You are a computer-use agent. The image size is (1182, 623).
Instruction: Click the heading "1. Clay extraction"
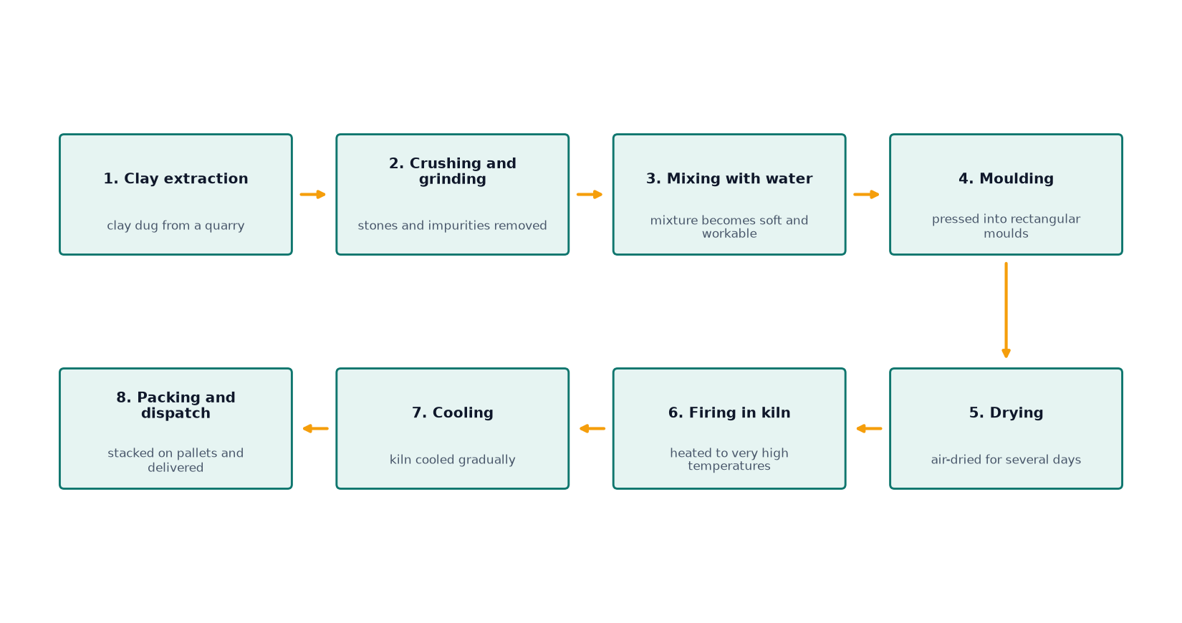point(176,179)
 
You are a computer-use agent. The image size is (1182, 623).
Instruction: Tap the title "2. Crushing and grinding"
point(452,171)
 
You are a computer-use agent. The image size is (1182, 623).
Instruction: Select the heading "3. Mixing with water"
point(729,179)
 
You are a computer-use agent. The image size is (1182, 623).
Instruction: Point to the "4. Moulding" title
point(1006,179)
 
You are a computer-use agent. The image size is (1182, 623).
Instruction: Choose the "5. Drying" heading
point(1006,413)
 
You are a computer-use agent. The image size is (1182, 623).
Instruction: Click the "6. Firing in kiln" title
point(729,413)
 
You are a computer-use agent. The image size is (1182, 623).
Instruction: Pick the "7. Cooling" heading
point(452,413)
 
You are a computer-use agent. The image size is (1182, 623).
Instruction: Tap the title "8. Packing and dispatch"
point(176,405)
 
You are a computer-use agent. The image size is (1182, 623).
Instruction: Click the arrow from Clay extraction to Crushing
point(313,195)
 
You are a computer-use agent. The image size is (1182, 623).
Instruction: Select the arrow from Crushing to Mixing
point(590,195)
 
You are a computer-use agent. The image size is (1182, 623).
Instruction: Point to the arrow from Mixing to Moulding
point(867,195)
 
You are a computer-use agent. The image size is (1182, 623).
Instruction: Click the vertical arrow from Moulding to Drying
point(1006,310)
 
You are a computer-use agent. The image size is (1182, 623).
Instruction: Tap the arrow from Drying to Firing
point(869,429)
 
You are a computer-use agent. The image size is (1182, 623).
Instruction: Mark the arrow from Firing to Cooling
point(592,429)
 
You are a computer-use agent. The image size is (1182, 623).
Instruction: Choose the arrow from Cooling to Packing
point(315,429)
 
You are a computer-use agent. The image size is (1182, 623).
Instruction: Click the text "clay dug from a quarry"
point(176,226)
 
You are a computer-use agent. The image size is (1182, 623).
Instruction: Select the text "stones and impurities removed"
point(452,226)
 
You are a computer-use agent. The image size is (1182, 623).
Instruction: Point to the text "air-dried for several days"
point(1006,460)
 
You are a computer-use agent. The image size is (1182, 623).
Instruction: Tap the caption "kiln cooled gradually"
point(452,460)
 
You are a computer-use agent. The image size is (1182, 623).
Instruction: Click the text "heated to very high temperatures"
point(729,460)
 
